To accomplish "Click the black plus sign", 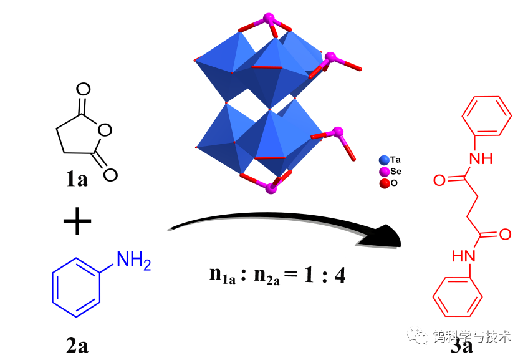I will pos(77,221).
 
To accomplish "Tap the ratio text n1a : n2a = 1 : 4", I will pos(277,274).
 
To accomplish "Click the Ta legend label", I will pos(396,160).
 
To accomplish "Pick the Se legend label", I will pos(396,172).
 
